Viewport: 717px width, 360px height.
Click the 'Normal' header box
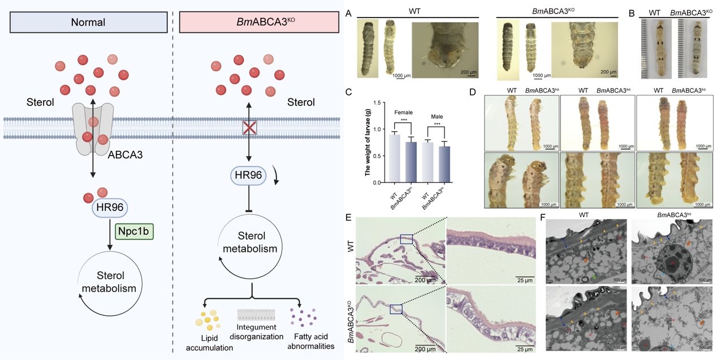[x=88, y=23]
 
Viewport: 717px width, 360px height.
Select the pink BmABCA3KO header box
[x=258, y=23]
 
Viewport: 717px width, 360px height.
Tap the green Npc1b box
[x=135, y=232]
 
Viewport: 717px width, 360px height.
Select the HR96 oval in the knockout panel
[x=249, y=176]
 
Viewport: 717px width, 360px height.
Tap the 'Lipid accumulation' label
[x=209, y=342]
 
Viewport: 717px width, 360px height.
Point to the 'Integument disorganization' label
[x=257, y=332]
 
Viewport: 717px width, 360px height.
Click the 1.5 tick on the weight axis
[x=377, y=102]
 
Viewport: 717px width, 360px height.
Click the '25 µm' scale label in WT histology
[x=525, y=279]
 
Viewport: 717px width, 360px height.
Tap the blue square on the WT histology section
[x=407, y=239]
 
